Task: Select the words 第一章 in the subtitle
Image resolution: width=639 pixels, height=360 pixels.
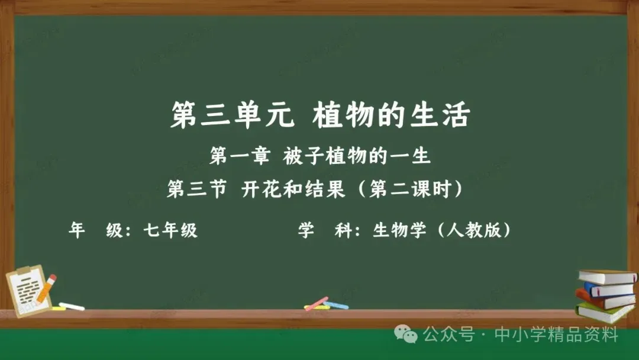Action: [240, 156]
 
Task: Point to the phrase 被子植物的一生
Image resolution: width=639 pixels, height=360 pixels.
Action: [357, 156]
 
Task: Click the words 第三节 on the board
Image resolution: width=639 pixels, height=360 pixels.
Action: [197, 189]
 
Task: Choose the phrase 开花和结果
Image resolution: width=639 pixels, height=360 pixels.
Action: [293, 189]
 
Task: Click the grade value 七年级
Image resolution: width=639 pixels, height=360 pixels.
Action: [170, 230]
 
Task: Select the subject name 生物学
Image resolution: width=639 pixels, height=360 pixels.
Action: [399, 230]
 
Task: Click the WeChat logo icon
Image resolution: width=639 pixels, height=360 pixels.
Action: [405, 335]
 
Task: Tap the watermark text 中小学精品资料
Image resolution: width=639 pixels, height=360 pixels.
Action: [556, 335]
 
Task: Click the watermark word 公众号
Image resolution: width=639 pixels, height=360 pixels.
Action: [448, 335]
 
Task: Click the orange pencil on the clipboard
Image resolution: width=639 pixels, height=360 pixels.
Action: [47, 288]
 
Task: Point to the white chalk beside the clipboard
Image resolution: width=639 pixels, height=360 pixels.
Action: [72, 306]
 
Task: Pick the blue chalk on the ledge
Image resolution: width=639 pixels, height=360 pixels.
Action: [336, 305]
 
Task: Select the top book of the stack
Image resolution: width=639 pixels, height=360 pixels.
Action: [607, 277]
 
